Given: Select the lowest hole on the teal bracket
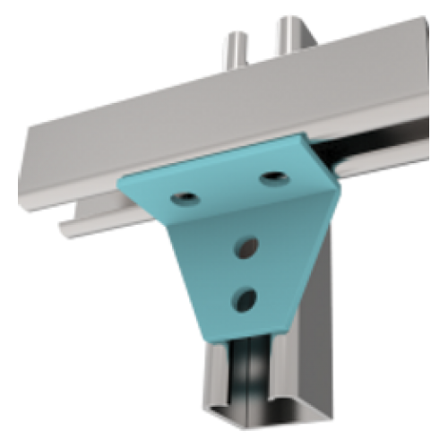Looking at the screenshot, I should coord(242,297).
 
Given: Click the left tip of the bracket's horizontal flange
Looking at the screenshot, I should coord(119,178).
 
